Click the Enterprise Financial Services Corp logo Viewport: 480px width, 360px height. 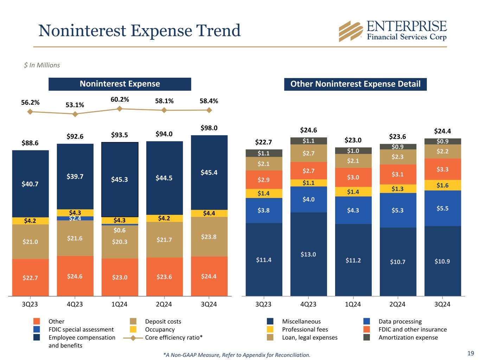(x=392, y=31)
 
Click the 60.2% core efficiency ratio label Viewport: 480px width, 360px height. (x=120, y=100)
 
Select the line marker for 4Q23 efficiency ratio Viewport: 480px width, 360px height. (x=75, y=114)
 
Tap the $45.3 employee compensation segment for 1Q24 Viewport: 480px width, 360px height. (x=120, y=179)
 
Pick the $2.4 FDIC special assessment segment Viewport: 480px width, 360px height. (x=75, y=218)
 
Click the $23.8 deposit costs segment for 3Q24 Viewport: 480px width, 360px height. (x=209, y=237)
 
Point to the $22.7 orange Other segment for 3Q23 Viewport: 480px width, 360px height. (x=30, y=278)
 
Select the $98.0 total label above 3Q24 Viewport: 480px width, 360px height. (x=209, y=128)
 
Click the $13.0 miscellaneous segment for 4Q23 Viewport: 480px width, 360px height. (x=308, y=254)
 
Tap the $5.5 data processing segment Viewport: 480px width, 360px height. (x=442, y=208)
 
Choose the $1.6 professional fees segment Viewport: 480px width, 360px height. (x=442, y=185)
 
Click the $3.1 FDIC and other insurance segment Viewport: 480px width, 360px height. (x=398, y=174)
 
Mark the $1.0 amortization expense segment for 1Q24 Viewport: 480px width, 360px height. (x=353, y=151)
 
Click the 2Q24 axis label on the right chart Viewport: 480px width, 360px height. (x=397, y=304)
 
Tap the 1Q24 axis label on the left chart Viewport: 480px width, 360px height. (x=120, y=304)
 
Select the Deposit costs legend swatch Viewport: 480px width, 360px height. (x=133, y=321)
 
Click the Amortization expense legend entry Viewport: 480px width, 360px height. (x=408, y=337)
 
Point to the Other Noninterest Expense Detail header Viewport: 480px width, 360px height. (x=355, y=84)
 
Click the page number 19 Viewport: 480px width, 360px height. (x=471, y=353)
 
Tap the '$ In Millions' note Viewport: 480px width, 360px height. (x=42, y=65)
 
